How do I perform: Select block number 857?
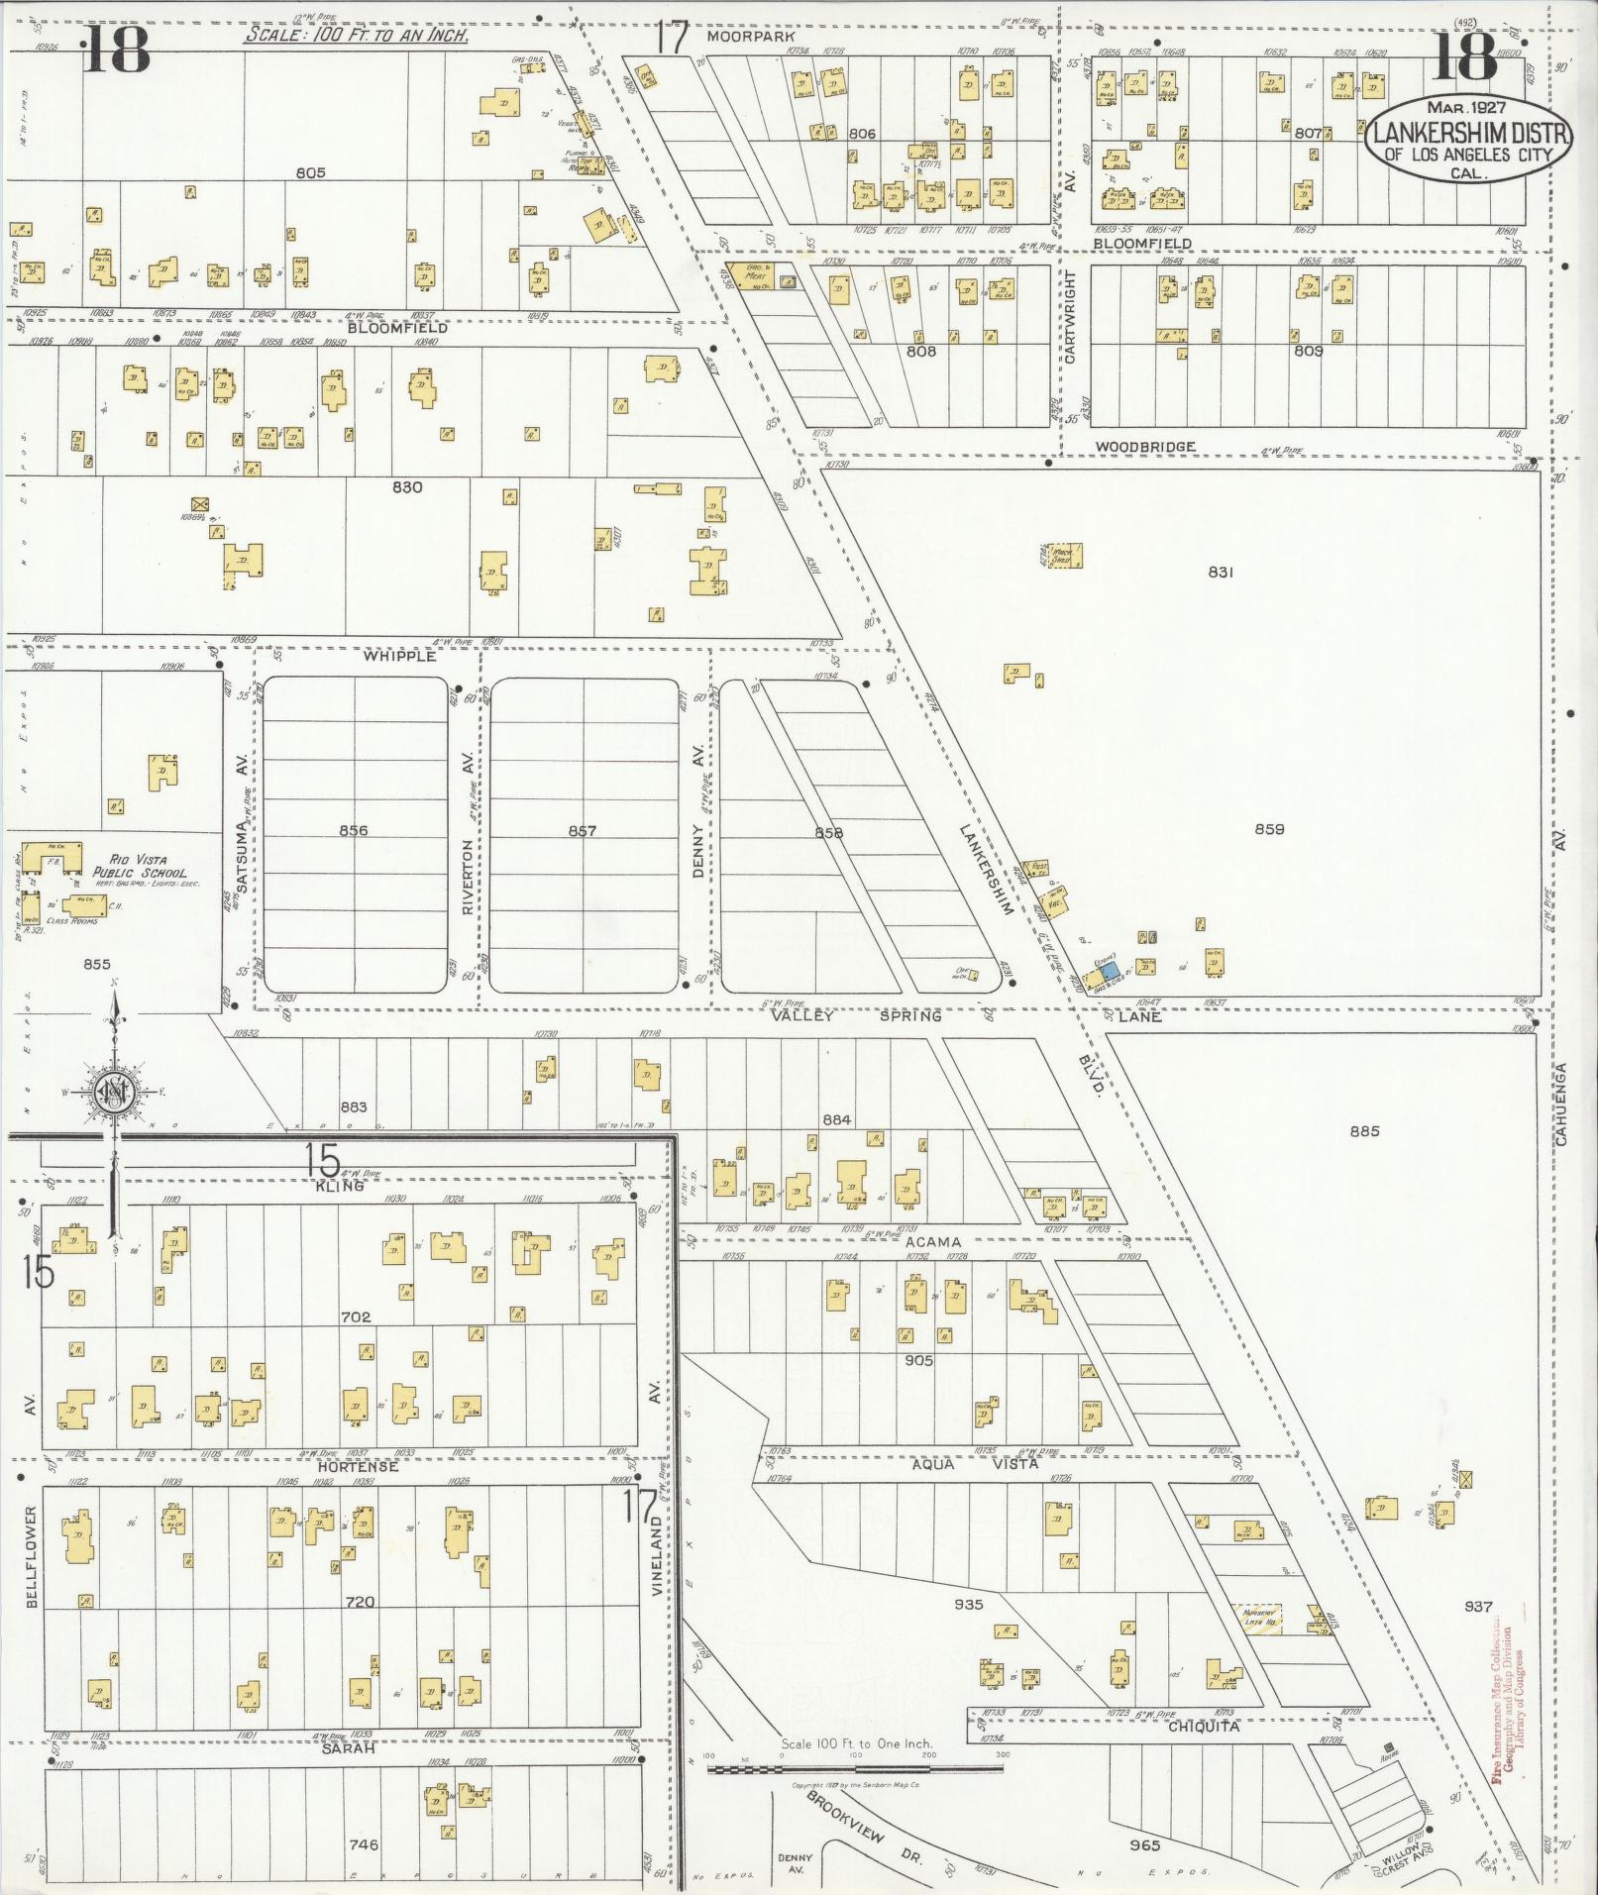(x=582, y=830)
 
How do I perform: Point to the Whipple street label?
(x=399, y=656)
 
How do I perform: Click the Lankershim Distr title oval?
(x=1468, y=139)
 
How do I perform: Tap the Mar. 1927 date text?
(x=1467, y=105)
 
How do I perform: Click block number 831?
(x=1221, y=572)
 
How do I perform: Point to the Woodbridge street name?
(x=1144, y=447)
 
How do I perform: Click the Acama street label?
(x=931, y=1241)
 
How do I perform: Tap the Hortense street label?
(x=358, y=1466)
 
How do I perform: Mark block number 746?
(x=364, y=1845)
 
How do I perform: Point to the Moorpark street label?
(x=738, y=37)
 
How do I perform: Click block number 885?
(x=1363, y=1130)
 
